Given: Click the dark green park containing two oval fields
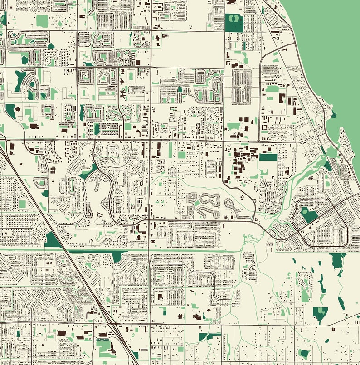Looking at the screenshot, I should [x=234, y=23].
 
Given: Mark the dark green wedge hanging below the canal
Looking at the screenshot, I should [x=117, y=257].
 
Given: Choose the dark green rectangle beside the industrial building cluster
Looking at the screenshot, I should [x=268, y=157].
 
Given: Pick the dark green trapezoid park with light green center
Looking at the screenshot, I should [x=320, y=313].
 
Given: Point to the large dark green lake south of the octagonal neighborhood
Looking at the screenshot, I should [x=337, y=261].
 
